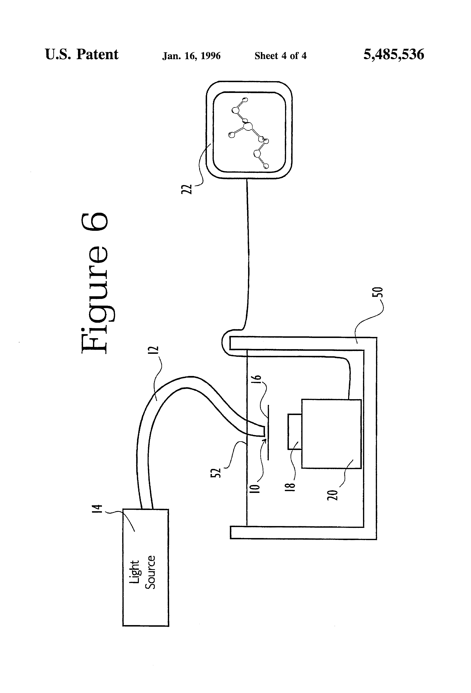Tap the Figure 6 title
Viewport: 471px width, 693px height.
pyautogui.click(x=94, y=283)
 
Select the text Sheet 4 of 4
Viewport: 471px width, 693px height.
pyautogui.click(x=280, y=56)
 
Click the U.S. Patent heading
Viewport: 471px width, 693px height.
pyautogui.click(x=82, y=54)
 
